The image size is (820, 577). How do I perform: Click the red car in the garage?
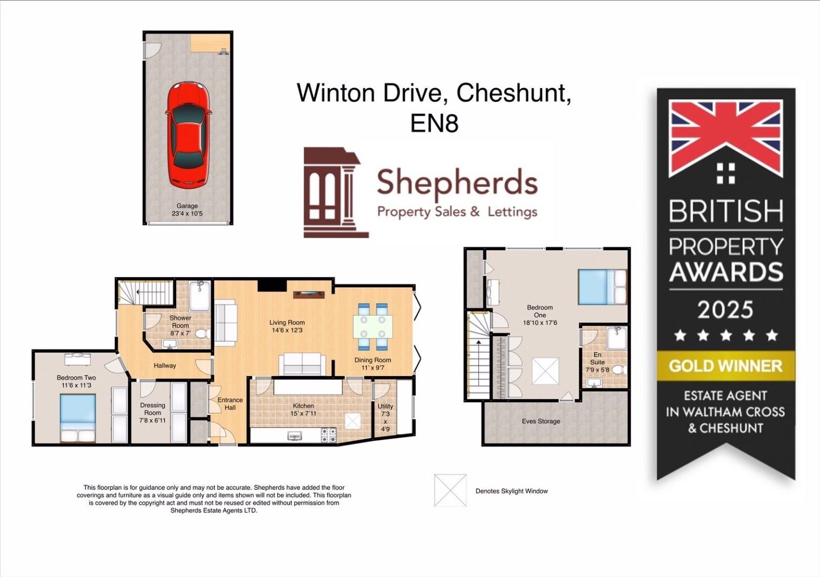(188, 135)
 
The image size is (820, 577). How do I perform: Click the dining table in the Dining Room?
(372, 326)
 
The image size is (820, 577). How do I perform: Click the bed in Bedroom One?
(602, 287)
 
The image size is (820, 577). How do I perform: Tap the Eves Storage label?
(541, 422)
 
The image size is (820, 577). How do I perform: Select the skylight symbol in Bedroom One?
(545, 371)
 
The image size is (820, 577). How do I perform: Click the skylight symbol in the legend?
(450, 490)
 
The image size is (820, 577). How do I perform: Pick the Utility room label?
(385, 407)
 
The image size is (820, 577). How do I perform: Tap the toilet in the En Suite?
(618, 370)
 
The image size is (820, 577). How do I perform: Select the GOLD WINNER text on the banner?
(725, 366)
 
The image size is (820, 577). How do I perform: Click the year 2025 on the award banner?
(725, 310)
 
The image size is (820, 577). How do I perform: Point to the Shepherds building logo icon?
(331, 193)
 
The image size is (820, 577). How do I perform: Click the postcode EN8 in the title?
(434, 124)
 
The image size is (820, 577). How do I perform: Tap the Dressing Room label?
(152, 409)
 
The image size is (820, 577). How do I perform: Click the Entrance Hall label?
(230, 404)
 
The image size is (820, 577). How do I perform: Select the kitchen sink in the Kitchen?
(294, 436)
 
